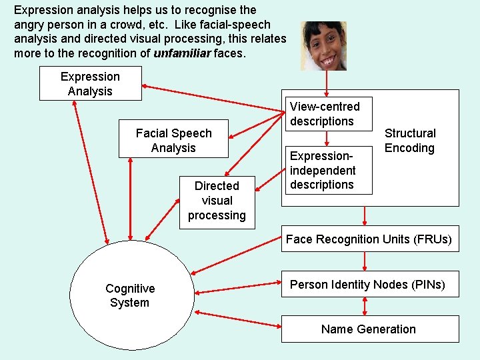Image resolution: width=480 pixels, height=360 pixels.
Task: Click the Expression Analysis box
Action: (x=91, y=83)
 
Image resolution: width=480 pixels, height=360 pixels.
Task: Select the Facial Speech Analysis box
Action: (x=173, y=140)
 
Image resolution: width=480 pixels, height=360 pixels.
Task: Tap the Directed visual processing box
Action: (x=217, y=200)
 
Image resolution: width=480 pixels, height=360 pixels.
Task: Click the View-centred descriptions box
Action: (x=326, y=114)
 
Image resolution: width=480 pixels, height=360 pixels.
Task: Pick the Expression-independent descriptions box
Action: (x=326, y=170)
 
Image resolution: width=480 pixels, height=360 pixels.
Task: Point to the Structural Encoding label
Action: (x=410, y=141)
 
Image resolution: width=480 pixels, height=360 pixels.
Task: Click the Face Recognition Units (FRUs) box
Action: (x=369, y=239)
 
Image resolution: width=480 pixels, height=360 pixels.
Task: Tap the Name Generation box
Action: (x=369, y=329)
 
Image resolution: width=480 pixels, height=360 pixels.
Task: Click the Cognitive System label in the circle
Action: (x=130, y=295)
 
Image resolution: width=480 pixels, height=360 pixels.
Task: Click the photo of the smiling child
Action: (x=323, y=45)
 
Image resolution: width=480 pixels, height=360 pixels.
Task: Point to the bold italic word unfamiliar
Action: (x=182, y=53)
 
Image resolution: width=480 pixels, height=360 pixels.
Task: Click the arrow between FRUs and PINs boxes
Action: (x=365, y=261)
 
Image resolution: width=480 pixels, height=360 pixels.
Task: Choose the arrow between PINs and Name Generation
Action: (x=365, y=307)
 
